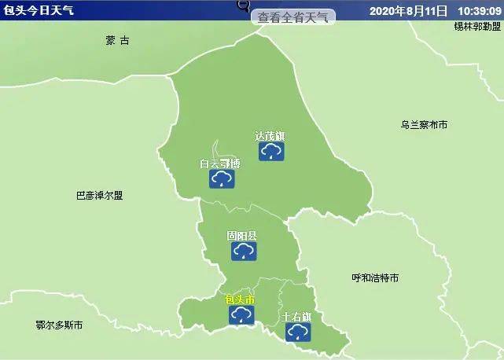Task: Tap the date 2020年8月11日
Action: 407,12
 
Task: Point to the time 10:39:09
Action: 476,12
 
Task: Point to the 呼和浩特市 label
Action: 375,278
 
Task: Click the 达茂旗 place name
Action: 270,136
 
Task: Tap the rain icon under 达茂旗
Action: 271,151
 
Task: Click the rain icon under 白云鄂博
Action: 221,180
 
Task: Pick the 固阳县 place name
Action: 241,236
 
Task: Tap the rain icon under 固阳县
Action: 243,251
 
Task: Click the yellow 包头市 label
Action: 240,300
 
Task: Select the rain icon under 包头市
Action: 241,315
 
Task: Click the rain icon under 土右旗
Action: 297,333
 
